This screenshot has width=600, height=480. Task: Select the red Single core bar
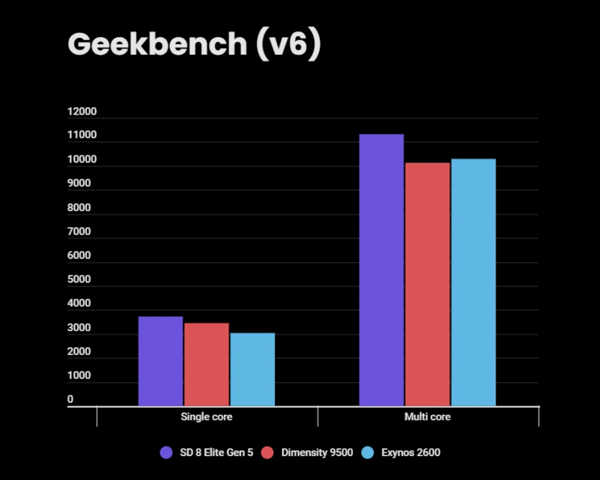(206, 364)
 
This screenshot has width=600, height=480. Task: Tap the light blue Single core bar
(252, 370)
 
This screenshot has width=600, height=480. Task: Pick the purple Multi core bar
(381, 270)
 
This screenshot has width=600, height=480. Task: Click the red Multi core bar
(427, 284)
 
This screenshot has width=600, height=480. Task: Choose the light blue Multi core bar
(473, 282)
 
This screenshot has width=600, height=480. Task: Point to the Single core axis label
(206, 416)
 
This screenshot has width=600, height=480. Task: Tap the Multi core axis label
(427, 416)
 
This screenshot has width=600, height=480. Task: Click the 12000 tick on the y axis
(82, 112)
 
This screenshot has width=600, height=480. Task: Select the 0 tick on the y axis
(70, 399)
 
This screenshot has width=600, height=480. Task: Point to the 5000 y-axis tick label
(79, 279)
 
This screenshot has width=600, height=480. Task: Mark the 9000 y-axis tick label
(79, 183)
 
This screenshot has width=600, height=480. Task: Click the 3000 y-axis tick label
(79, 328)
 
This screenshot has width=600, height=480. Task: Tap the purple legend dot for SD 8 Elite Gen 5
(167, 452)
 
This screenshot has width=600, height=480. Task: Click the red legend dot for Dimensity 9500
(269, 452)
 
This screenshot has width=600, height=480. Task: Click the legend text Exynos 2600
(410, 452)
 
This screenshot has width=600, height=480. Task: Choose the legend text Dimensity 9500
(317, 452)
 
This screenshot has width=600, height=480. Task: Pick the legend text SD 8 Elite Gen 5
(216, 452)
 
